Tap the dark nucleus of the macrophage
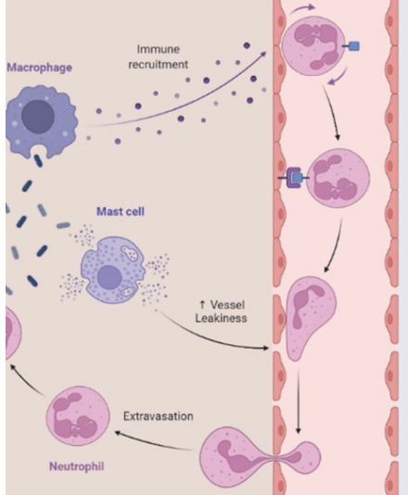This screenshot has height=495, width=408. (39, 117)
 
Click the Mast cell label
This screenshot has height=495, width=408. (120, 211)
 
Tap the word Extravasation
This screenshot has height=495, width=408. (159, 416)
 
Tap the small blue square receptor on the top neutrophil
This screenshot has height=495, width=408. (353, 45)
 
